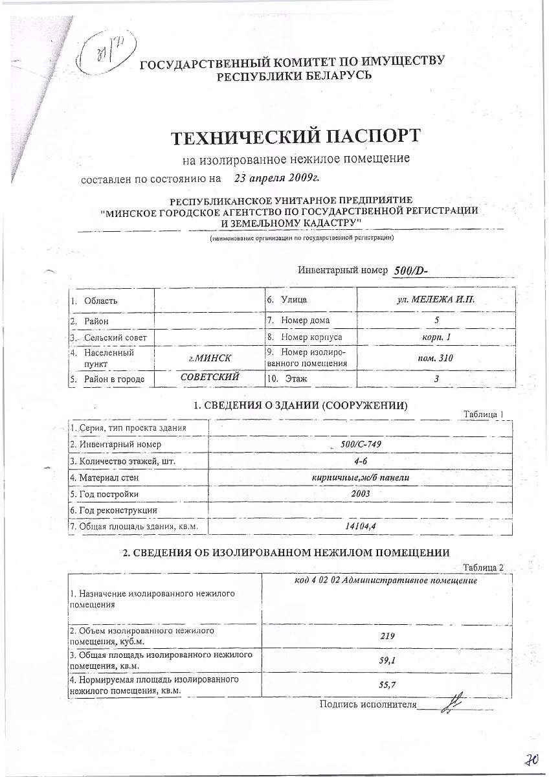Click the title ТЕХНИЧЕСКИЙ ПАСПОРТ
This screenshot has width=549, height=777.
click(295, 137)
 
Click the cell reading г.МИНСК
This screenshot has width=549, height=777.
click(209, 357)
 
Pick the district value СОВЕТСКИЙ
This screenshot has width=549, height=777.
click(210, 377)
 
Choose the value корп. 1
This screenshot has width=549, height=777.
click(436, 337)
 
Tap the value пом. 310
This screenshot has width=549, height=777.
click(436, 357)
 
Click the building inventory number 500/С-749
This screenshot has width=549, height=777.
click(360, 444)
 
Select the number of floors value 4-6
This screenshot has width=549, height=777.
click(360, 461)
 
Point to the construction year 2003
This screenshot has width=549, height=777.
click(360, 493)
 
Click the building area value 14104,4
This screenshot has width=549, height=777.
click(360, 526)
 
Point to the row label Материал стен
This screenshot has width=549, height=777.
click(107, 478)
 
